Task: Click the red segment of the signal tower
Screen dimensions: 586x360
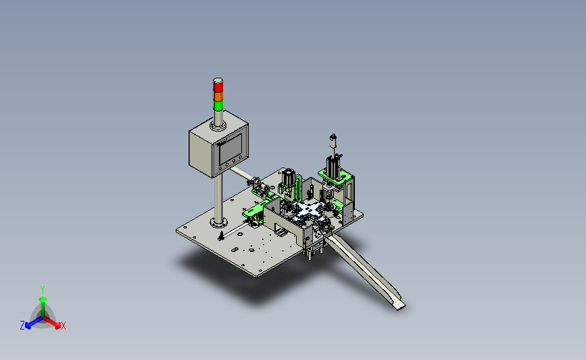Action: [x=218, y=86]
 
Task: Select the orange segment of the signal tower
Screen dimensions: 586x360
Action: [x=218, y=96]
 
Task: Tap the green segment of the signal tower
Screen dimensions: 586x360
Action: [x=218, y=105]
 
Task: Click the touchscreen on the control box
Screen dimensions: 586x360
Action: [x=230, y=148]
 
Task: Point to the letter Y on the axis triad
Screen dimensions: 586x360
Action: [x=43, y=290]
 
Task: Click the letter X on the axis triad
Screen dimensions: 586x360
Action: [x=63, y=326]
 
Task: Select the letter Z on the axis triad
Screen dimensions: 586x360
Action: [x=22, y=326]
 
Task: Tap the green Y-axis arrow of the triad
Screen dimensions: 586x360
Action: [x=43, y=307]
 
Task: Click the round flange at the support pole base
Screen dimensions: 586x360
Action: [x=218, y=223]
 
